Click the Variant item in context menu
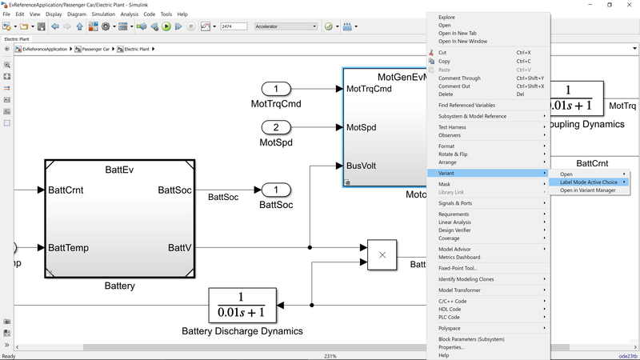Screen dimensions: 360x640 (x=448, y=174)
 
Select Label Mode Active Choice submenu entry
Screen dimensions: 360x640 (x=588, y=182)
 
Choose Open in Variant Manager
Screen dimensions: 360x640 (x=588, y=190)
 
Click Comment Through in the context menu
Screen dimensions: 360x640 (x=459, y=78)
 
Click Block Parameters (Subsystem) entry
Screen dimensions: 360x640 (x=471, y=339)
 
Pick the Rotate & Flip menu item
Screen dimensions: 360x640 (x=453, y=154)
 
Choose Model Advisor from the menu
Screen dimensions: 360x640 (x=455, y=249)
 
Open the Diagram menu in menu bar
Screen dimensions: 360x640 (x=77, y=14)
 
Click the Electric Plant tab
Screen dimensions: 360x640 (x=18, y=38)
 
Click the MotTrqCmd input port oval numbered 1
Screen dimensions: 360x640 (x=277, y=90)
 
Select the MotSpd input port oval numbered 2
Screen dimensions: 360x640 (x=277, y=127)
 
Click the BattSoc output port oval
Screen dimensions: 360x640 (x=277, y=190)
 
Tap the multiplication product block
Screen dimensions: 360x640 (x=382, y=254)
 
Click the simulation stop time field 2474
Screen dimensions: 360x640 (x=233, y=26)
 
